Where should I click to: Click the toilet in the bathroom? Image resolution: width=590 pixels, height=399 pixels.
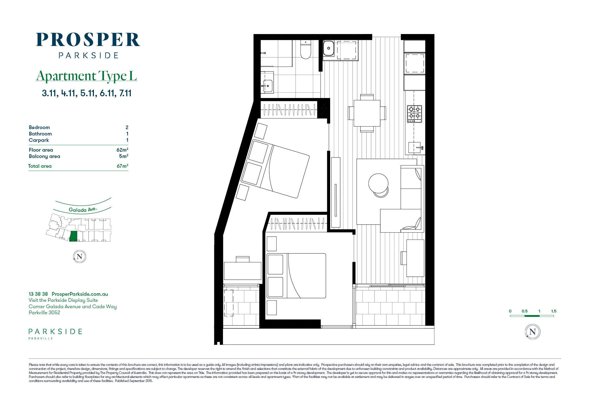[x=306, y=49]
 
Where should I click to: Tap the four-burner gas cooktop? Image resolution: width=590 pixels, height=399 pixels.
[x=414, y=114]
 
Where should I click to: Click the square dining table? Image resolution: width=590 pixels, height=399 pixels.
[x=367, y=113]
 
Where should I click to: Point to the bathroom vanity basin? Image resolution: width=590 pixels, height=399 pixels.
[x=268, y=86]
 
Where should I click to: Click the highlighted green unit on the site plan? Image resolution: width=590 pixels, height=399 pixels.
[x=73, y=236]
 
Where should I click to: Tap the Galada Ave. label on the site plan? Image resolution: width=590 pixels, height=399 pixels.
[x=83, y=210]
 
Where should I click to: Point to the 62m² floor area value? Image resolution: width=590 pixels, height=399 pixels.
[x=122, y=150]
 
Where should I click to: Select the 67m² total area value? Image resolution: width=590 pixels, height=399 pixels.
[x=122, y=166]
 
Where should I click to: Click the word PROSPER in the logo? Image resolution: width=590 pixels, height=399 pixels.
[x=88, y=40]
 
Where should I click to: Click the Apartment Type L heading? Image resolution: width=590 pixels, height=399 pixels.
[x=86, y=76]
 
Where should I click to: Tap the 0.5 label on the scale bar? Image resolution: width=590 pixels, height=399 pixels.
[x=525, y=311]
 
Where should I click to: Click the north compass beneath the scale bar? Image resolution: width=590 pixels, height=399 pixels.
[x=533, y=332]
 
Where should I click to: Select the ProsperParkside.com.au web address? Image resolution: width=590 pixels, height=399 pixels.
[x=80, y=294]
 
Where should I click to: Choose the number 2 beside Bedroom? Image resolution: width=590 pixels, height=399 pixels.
[x=127, y=127]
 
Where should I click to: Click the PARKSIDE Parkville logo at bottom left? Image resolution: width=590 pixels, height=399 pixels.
[x=55, y=334]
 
